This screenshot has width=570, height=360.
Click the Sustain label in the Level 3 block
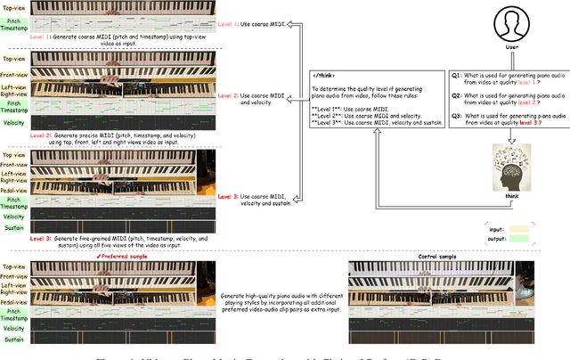[x=14, y=228]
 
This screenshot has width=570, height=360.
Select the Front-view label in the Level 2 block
[x=14, y=75]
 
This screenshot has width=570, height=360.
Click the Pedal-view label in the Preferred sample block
[x=14, y=302]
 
